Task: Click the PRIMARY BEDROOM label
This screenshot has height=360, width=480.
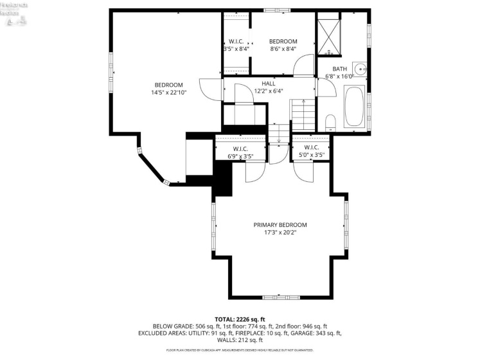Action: pos(280,224)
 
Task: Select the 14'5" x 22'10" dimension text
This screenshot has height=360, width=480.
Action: pos(168,93)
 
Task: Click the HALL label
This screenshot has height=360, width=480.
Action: pos(269,84)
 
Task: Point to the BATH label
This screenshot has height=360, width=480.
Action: pos(339,69)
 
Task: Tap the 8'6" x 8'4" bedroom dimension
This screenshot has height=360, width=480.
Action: pos(283,49)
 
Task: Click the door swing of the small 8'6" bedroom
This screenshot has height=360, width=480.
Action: pos(305,66)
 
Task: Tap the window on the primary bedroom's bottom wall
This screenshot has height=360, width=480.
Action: pos(280,298)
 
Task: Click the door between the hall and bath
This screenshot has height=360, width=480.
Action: pos(326,87)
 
